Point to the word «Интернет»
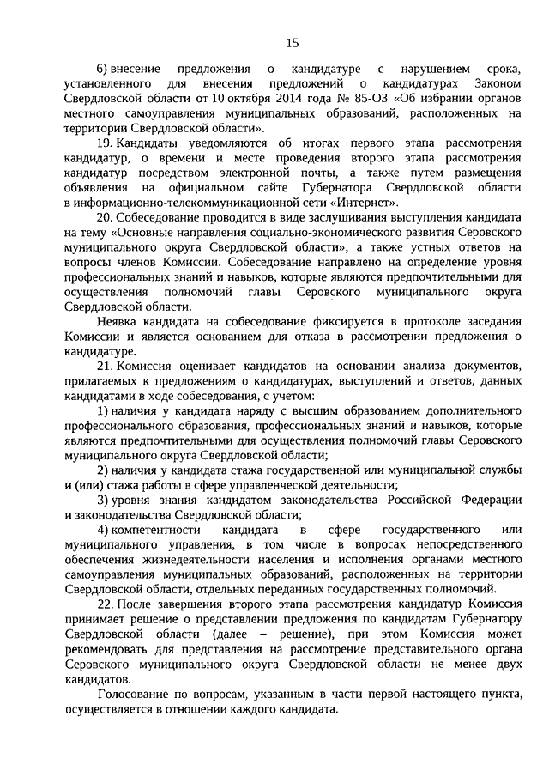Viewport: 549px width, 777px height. (x=370, y=202)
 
